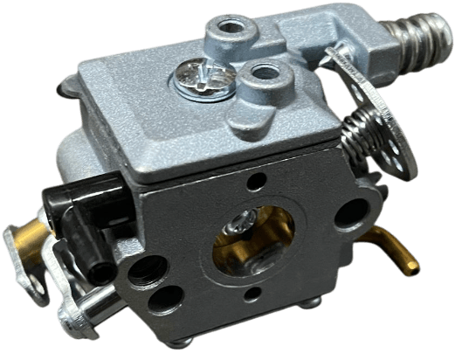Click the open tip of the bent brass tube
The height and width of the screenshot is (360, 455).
pyautogui.click(x=410, y=269)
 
